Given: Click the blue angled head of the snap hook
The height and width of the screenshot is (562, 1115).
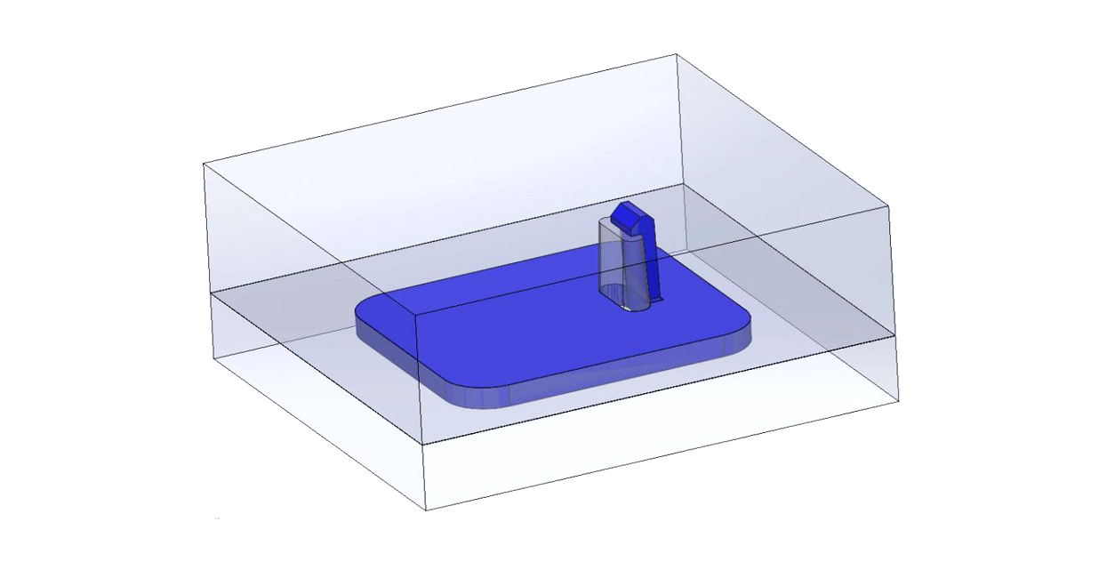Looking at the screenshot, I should point(630,217).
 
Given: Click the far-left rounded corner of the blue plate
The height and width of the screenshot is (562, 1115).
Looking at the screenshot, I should point(365,311).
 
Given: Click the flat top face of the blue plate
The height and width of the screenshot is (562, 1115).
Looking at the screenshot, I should point(533,329).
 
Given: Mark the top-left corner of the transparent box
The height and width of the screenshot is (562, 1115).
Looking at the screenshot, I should point(205,164).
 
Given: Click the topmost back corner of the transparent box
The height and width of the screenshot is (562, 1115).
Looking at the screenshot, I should point(678,54).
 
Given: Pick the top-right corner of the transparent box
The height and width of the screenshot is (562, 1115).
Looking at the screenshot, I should point(889,206).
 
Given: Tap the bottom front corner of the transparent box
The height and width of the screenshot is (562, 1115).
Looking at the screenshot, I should point(426,510).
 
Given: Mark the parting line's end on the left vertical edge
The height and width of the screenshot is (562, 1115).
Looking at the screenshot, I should point(210,292).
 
